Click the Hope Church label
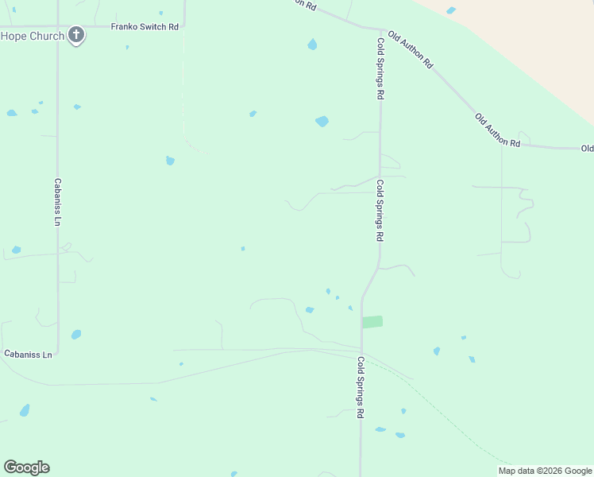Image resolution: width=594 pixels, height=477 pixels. [x=32, y=36]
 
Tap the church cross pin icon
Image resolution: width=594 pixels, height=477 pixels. [x=76, y=34]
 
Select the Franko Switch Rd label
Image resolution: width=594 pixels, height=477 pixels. [x=144, y=26]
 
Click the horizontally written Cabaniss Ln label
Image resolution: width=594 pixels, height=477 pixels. [x=28, y=354]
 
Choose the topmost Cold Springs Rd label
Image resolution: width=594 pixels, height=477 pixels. [x=381, y=68]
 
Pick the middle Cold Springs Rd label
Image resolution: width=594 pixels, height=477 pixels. [x=380, y=211]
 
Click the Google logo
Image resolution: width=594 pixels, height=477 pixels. [x=26, y=467]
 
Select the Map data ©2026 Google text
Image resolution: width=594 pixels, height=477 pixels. [x=545, y=471]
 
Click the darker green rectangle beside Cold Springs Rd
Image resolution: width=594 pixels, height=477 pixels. [x=372, y=322]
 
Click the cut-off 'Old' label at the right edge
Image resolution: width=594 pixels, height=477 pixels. [x=587, y=149]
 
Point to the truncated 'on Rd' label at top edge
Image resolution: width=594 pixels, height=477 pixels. [x=304, y=5]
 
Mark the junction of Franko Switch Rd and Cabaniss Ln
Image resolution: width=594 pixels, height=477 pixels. [x=57, y=27]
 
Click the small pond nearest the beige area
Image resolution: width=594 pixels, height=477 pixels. [x=451, y=10]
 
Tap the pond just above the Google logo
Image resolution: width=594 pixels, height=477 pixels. [x=25, y=410]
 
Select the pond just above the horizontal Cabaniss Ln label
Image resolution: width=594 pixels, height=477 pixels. [x=75, y=335]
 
